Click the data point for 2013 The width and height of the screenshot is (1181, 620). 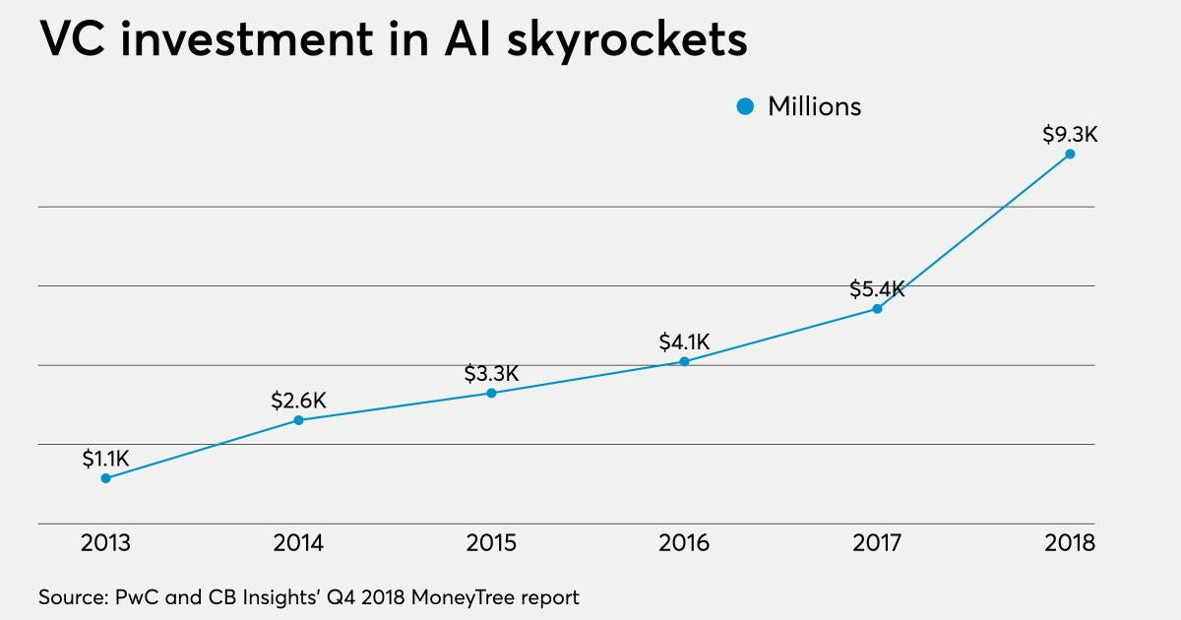point(105,478)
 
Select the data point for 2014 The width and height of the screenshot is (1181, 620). point(298,420)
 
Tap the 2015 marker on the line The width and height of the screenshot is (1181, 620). point(491,393)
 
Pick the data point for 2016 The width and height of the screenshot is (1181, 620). point(684,361)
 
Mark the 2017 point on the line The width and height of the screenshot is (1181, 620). point(877,309)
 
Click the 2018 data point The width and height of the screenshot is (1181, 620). point(1070,154)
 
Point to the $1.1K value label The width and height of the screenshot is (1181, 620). point(105,458)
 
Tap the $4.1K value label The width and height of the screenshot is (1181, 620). point(684,341)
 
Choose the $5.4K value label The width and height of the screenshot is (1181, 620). point(877,289)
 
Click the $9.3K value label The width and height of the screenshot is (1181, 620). point(1070,134)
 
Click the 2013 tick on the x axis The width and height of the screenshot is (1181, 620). point(105,543)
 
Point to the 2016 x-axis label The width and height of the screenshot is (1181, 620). point(684,543)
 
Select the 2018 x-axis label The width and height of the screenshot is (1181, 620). point(1070,543)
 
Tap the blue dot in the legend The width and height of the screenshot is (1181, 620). point(746,106)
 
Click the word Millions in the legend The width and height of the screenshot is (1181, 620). point(814,106)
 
